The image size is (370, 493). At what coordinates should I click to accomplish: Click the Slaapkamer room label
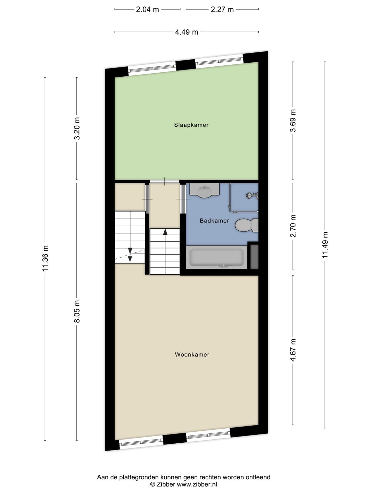pyautogui.click(x=191, y=125)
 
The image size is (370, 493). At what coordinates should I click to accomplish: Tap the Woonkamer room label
pyautogui.click(x=192, y=355)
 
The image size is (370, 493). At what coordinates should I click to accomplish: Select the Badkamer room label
pyautogui.click(x=214, y=221)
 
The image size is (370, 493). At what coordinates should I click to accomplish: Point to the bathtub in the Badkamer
pyautogui.click(x=217, y=257)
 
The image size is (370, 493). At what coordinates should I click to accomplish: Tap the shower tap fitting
pyautogui.click(x=253, y=195)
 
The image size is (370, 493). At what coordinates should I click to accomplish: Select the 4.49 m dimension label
pyautogui.click(x=186, y=32)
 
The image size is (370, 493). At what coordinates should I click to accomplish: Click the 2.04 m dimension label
pyautogui.click(x=147, y=10)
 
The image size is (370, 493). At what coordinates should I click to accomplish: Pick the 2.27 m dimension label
pyautogui.click(x=222, y=10)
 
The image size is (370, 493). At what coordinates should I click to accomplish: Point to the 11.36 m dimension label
pyautogui.click(x=45, y=258)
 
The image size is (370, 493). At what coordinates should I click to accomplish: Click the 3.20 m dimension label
pyautogui.click(x=77, y=128)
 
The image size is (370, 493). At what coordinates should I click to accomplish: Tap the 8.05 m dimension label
pyautogui.click(x=77, y=311)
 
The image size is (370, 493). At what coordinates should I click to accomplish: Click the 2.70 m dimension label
pyautogui.click(x=293, y=226)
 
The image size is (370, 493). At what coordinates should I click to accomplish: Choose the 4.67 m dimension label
pyautogui.click(x=293, y=350)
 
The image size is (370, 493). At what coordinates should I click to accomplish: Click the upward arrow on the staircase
pyautogui.click(x=165, y=232)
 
